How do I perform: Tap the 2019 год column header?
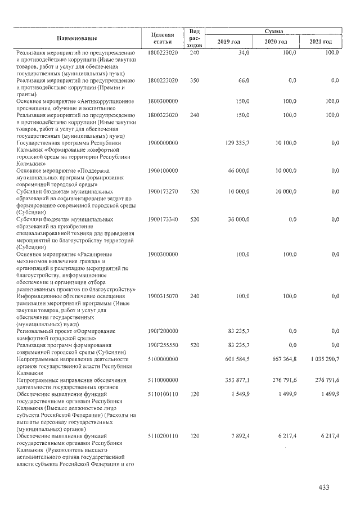(228, 42)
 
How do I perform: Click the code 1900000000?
(163, 143)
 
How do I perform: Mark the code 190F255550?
(163, 345)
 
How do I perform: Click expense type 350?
(195, 81)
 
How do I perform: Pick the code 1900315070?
(163, 295)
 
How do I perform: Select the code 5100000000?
(163, 359)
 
